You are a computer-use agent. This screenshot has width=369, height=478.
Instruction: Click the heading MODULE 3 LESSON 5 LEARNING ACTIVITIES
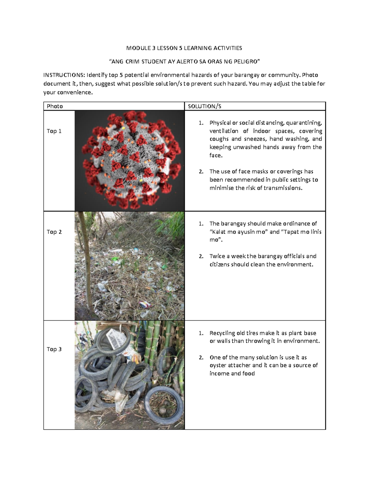[184, 48]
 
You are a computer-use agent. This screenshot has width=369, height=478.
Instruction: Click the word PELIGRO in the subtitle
[246, 62]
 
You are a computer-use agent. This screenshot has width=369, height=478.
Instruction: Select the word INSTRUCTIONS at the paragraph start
[63, 75]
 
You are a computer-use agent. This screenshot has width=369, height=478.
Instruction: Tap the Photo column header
[55, 106]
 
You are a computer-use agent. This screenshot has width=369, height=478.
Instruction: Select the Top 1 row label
[54, 131]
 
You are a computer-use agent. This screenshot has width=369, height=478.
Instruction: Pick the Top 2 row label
[54, 232]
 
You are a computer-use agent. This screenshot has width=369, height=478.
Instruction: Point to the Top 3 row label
[54, 349]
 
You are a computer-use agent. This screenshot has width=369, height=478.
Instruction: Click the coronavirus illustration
[129, 160]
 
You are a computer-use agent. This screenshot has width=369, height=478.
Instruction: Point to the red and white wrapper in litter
[145, 305]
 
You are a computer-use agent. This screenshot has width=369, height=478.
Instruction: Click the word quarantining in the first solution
[304, 123]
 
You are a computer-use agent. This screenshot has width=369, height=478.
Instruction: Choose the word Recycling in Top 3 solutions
[222, 333]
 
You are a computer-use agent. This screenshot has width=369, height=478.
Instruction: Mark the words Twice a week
[228, 256]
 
